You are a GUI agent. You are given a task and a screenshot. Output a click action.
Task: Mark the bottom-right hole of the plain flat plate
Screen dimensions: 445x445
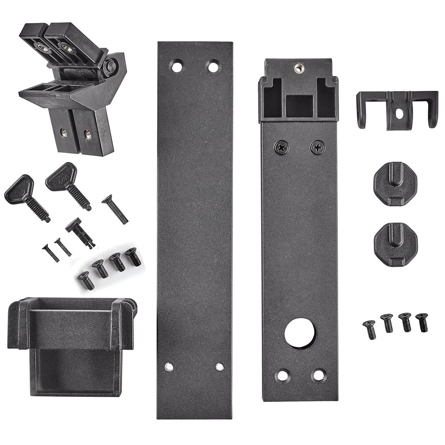[x=220, y=367]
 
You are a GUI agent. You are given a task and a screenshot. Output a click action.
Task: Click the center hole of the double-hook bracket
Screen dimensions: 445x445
[x=399, y=113]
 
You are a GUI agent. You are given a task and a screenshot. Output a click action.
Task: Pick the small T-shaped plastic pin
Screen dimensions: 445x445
[x=80, y=232]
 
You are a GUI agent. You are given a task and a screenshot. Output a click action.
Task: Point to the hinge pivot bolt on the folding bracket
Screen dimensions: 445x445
[x=111, y=66]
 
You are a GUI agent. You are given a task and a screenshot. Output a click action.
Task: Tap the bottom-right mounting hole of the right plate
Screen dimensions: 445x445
[x=318, y=375]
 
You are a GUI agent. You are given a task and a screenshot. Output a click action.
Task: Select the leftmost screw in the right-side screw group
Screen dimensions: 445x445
[x=370, y=329]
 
